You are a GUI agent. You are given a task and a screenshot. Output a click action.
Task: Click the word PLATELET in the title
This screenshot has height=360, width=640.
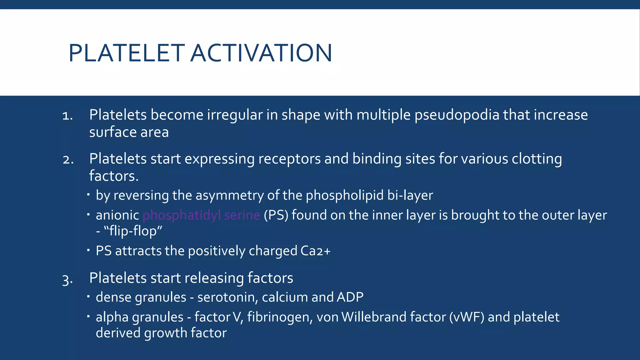[126, 53]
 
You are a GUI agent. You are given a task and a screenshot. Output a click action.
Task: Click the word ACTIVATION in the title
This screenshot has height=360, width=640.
[261, 53]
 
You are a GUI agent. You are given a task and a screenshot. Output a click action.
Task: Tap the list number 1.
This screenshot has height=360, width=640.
[67, 116]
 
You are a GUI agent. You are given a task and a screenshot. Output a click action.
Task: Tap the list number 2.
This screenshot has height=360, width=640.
[68, 160]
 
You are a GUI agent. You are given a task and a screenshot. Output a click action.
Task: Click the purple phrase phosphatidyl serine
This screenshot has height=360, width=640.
[201, 215]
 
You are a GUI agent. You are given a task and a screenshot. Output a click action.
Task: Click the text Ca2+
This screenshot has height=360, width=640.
[315, 251]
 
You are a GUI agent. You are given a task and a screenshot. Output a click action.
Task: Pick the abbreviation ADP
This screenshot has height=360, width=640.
[350, 297]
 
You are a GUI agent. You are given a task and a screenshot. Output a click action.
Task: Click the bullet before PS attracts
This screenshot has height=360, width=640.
[88, 250]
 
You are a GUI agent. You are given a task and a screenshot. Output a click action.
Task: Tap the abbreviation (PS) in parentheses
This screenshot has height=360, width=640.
[276, 215]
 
